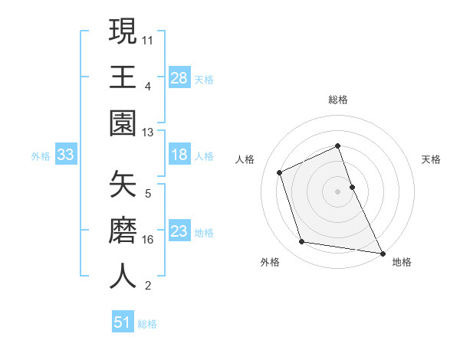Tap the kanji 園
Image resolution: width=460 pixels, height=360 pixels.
point(123,123)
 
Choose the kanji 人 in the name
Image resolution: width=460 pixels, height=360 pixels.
point(123,277)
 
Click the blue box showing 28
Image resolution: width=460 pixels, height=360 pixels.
point(179,77)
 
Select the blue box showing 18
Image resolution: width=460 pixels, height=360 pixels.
point(179,155)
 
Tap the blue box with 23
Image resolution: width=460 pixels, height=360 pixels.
point(179,231)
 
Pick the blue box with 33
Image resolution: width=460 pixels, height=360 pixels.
point(65,155)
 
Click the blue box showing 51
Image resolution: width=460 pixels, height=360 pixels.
point(123,323)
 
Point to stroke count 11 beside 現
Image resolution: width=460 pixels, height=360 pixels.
point(148,38)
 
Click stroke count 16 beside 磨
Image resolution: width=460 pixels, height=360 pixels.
point(148,238)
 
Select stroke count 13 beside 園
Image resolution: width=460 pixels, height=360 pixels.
point(148,133)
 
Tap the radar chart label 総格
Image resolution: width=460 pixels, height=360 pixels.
point(338,100)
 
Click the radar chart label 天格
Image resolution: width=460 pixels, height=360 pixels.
point(431,159)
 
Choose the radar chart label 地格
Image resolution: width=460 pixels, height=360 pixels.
point(402,263)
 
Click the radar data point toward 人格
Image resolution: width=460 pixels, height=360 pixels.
point(280,172)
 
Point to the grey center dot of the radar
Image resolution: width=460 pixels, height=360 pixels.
point(338,191)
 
